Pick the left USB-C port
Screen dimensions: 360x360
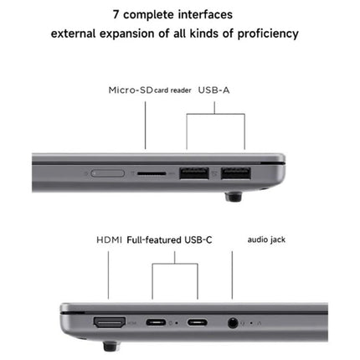[155, 321]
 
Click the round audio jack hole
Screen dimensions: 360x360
[232, 321]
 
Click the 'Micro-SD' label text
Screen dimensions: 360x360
[128, 90]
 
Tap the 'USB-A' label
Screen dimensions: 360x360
[213, 90]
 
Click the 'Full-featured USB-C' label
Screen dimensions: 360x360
[170, 239]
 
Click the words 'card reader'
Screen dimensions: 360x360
[170, 90]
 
